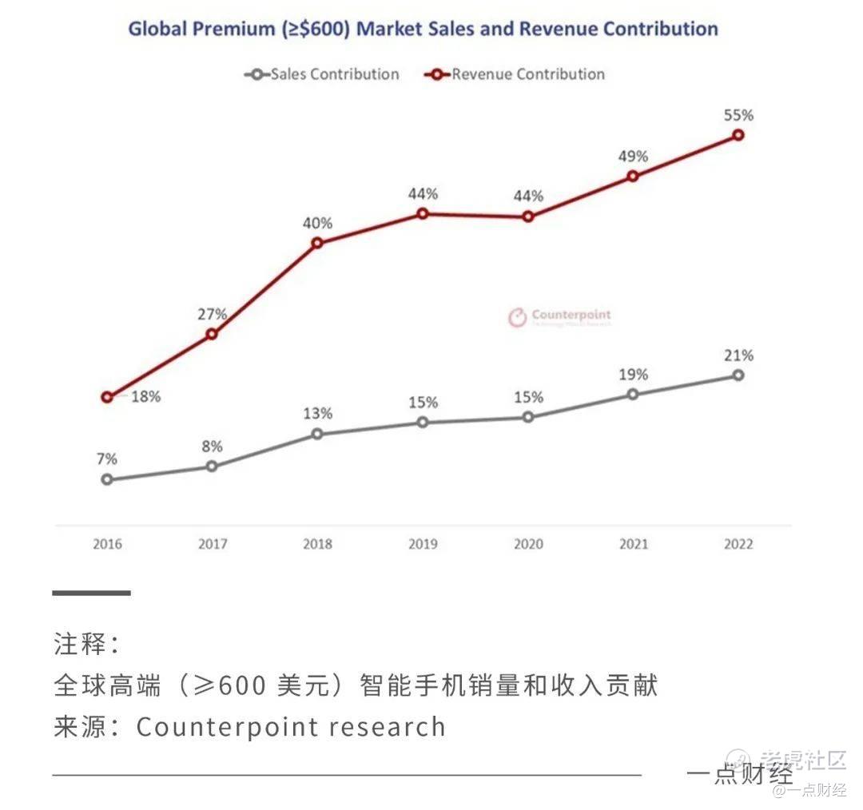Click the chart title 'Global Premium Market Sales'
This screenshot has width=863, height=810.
pos(423,29)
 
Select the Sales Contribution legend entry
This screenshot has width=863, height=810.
pos(322,74)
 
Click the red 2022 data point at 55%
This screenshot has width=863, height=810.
pos(738,135)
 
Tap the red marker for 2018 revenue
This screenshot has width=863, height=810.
pos(317,243)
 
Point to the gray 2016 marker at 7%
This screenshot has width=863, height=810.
pos(107,479)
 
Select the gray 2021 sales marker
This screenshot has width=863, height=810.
pos(633,394)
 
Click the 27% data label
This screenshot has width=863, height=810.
pos(212,314)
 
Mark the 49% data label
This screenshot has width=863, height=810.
pos(633,156)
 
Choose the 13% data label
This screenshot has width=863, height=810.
pos(317,414)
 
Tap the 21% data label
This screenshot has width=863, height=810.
pos(738,355)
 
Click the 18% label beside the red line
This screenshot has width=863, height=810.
pos(145,397)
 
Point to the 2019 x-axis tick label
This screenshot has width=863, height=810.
pos(423,545)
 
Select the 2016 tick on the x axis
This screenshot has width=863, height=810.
pos(107,545)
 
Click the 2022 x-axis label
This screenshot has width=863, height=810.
pos(738,545)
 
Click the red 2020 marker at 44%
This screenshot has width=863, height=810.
pos(528,216)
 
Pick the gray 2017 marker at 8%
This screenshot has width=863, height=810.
pos(212,466)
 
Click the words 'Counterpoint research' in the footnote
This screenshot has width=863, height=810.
pos(291,727)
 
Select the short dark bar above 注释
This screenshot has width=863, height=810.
pos(91,593)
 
